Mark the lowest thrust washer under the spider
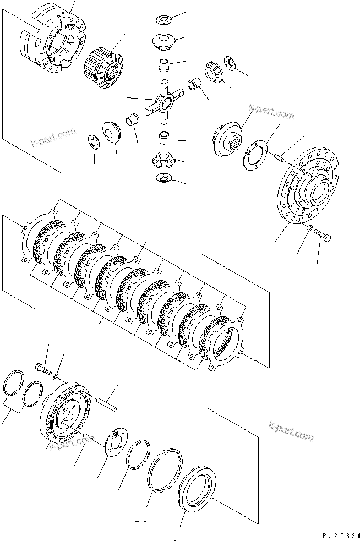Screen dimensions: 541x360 pos(163,177)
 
